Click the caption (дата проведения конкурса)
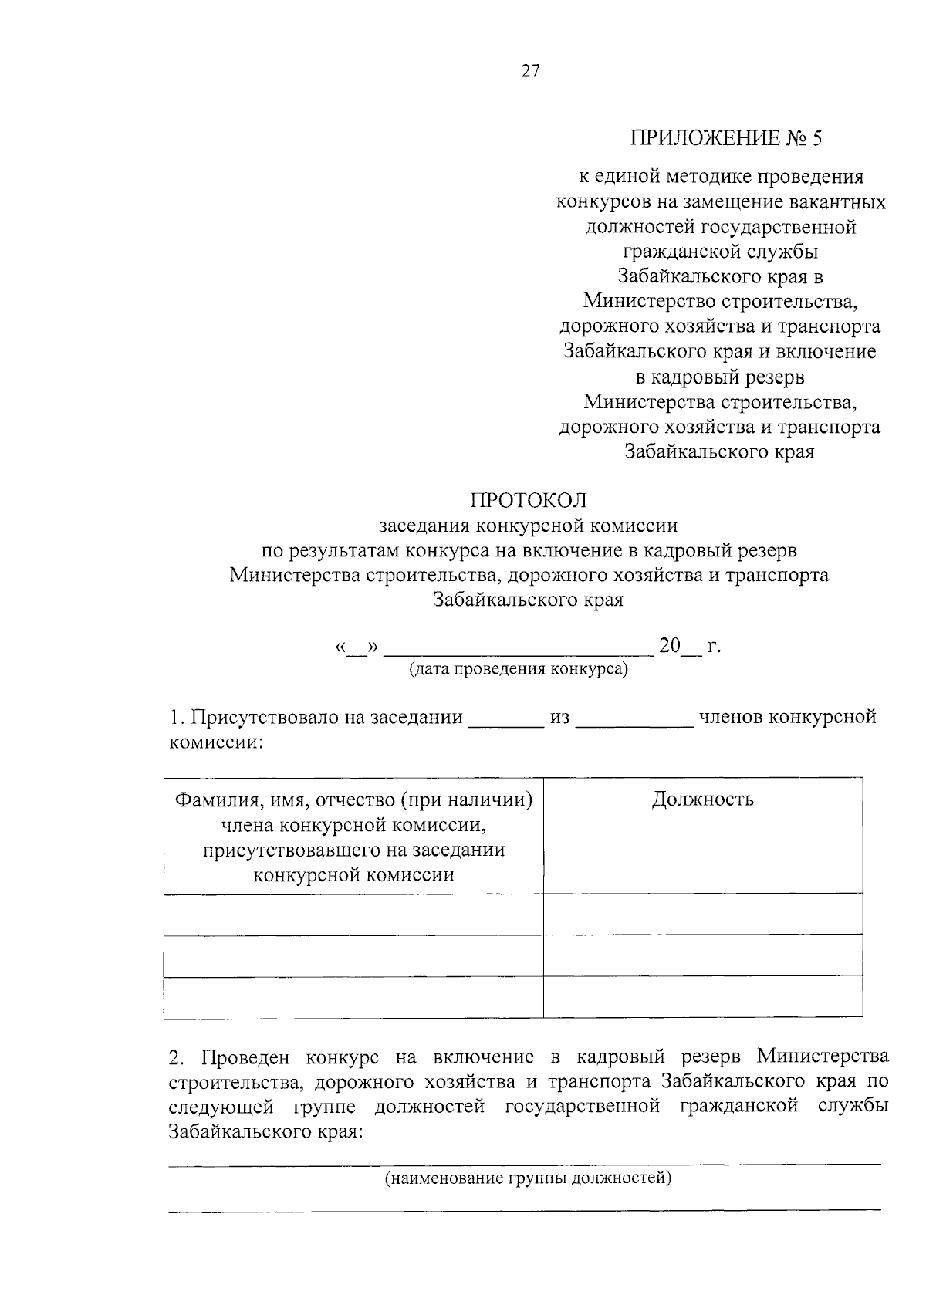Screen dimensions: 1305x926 tap(519, 668)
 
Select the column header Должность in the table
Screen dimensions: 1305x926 tap(702, 799)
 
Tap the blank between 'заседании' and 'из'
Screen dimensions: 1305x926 tap(505, 724)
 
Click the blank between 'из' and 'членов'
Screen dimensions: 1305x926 tap(634, 724)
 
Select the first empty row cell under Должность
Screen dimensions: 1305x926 tap(702, 914)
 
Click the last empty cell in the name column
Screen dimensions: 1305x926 tap(353, 996)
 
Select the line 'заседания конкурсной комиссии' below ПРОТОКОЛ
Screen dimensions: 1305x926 tap(529, 526)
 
